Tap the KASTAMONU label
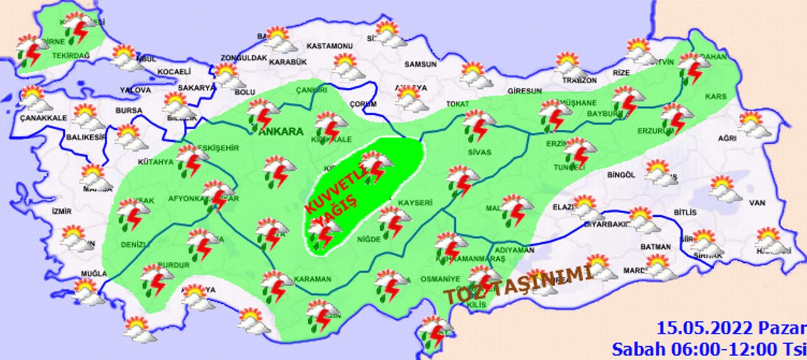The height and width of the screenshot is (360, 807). point(328,47)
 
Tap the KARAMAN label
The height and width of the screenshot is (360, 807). point(312,279)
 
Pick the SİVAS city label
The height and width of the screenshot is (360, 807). point(480,152)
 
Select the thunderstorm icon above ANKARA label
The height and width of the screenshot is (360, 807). point(264,113)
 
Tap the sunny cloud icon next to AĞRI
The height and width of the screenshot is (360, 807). point(753,124)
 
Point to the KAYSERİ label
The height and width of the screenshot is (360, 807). point(414,202)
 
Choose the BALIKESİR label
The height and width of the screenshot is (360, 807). point(85,137)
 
